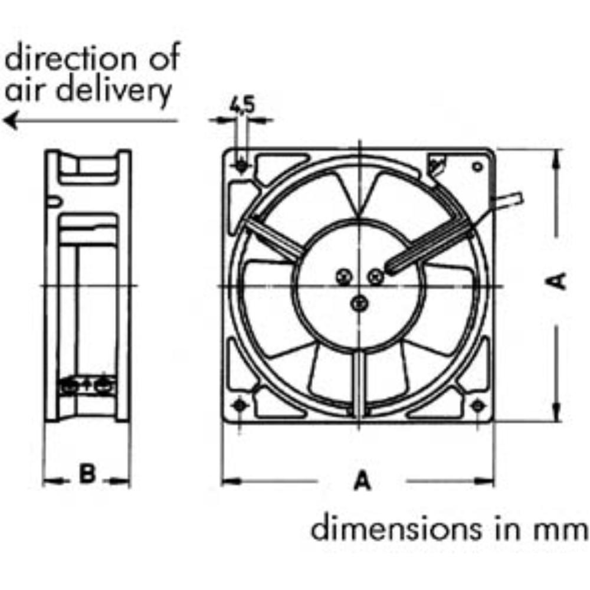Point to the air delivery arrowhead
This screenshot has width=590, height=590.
point(11,121)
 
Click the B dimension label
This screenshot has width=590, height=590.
point(87,473)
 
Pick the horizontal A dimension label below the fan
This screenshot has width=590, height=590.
point(362,480)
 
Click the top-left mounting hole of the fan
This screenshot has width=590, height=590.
point(241,166)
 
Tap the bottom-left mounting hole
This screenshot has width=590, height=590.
point(239,405)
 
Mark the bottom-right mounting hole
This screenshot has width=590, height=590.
point(477,406)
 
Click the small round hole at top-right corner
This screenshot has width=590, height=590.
point(477,166)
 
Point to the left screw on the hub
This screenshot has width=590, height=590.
point(343,277)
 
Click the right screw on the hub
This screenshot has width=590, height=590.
point(375,277)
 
